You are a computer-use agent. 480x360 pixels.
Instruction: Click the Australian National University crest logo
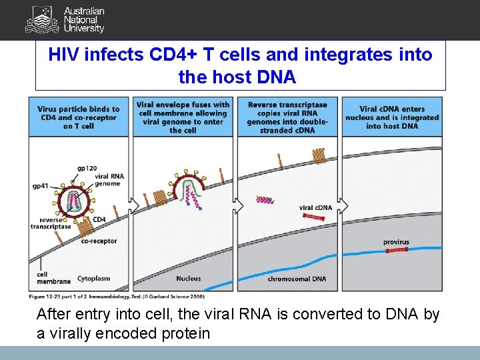[x=41, y=20]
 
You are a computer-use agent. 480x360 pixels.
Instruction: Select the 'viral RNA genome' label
[x=109, y=179]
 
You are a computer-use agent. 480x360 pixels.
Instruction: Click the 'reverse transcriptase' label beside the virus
[x=50, y=223]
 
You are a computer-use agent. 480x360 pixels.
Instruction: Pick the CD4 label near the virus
[x=99, y=219]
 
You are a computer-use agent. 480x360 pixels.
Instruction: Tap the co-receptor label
[x=99, y=241]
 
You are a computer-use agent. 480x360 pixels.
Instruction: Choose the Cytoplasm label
[x=93, y=278]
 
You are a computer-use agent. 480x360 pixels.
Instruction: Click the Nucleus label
[x=188, y=278]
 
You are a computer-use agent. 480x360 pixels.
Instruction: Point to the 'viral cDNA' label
[x=315, y=208]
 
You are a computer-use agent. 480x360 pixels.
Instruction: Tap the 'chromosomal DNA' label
[x=297, y=278]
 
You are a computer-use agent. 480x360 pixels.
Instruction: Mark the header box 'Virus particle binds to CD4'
[x=79, y=117]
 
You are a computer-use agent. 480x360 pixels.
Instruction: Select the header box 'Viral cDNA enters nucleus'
[x=392, y=117]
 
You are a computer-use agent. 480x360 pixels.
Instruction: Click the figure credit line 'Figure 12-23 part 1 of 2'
[x=117, y=296]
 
